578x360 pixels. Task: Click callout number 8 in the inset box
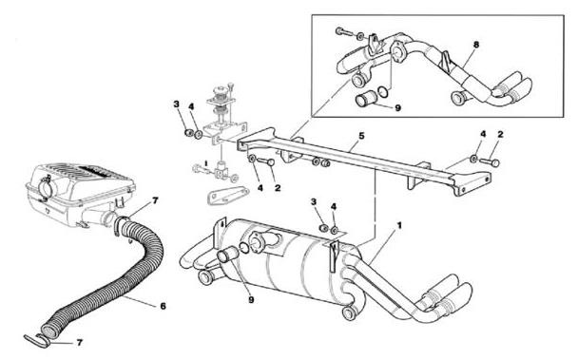(x=476, y=45)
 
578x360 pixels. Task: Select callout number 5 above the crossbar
(x=361, y=136)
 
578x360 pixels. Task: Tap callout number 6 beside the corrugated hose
(x=163, y=306)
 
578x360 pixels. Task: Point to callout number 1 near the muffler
(x=399, y=225)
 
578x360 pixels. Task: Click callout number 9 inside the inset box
(x=397, y=108)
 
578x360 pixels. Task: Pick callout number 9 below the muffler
(x=251, y=300)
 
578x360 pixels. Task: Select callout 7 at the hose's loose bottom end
(x=79, y=343)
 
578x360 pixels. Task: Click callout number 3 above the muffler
(x=314, y=201)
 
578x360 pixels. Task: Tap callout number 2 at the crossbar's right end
(x=500, y=135)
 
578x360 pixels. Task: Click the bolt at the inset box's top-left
(x=342, y=31)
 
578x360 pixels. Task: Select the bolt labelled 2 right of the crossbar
(x=491, y=161)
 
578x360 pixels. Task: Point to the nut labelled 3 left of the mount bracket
(x=189, y=133)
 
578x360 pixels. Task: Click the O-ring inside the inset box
(x=383, y=91)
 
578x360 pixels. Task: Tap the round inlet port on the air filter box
(x=47, y=187)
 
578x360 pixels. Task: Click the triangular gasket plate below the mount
(x=227, y=195)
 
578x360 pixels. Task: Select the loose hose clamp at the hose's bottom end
(x=37, y=341)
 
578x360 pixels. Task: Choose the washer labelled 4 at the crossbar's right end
(x=472, y=159)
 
